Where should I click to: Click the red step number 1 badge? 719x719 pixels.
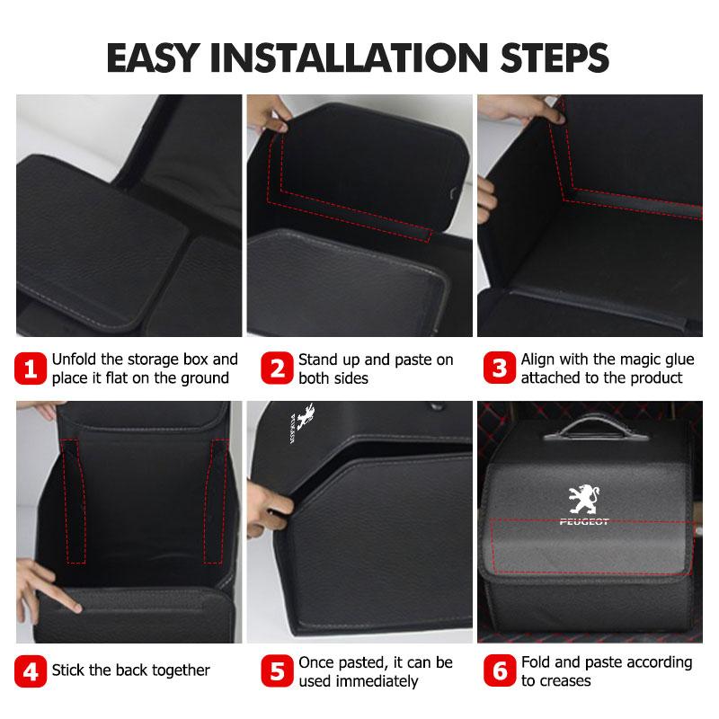tap(31, 369)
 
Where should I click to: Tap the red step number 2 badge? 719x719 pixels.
tap(276, 369)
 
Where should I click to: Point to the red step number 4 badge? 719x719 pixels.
tap(31, 670)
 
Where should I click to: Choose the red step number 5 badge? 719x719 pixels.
tap(276, 671)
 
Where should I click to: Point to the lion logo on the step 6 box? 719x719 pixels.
tap(582, 499)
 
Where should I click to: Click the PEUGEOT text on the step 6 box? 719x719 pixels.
tap(583, 522)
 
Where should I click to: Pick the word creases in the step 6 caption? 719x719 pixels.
tap(566, 681)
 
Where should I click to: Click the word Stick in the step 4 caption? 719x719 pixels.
tap(69, 670)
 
